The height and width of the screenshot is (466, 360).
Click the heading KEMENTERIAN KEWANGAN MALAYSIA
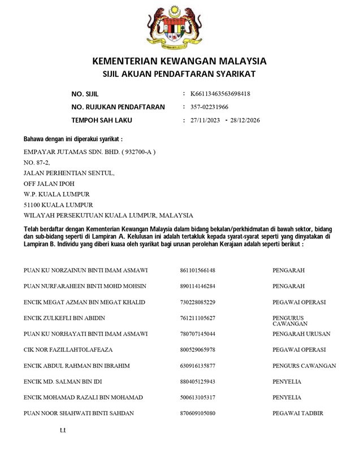pos(179,61)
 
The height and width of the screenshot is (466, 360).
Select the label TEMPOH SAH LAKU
pos(102,120)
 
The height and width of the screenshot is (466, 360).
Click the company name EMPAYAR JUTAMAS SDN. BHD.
pos(89,152)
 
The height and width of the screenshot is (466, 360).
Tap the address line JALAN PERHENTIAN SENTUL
pos(69,173)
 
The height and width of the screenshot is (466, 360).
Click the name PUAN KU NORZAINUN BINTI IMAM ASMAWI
pos(86,271)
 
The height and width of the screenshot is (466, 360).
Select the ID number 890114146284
pos(197,286)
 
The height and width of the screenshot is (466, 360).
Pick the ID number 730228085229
pos(197,302)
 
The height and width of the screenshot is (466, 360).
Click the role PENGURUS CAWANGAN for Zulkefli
pos(289,321)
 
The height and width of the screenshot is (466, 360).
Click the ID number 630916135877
pos(197,366)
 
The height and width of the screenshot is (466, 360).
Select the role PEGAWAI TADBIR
pos(297,413)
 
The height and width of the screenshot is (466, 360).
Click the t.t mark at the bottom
pos(63,431)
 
